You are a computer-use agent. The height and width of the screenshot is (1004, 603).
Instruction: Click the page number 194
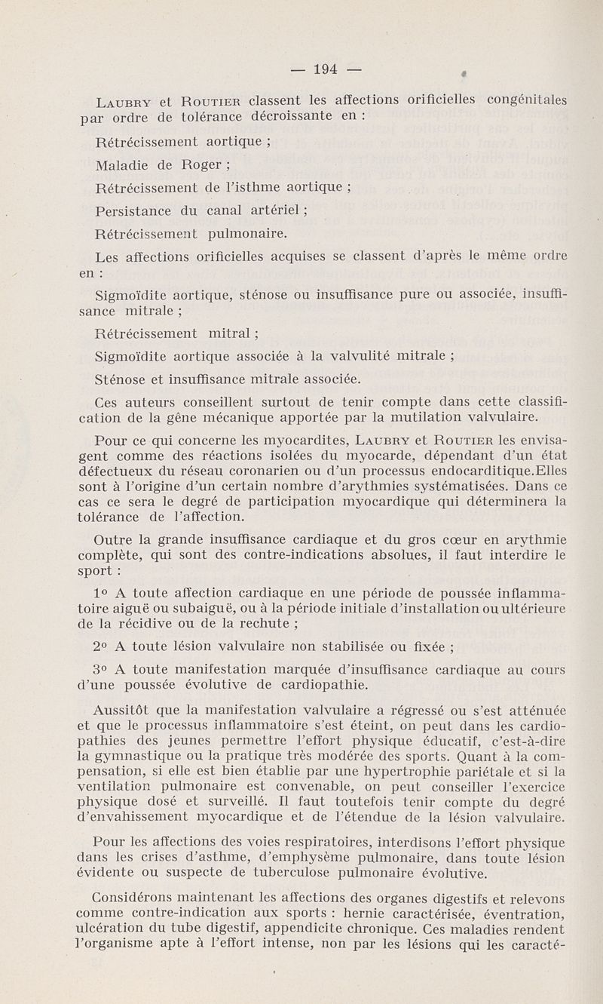325,69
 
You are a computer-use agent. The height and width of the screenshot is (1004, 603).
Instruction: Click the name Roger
202,164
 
